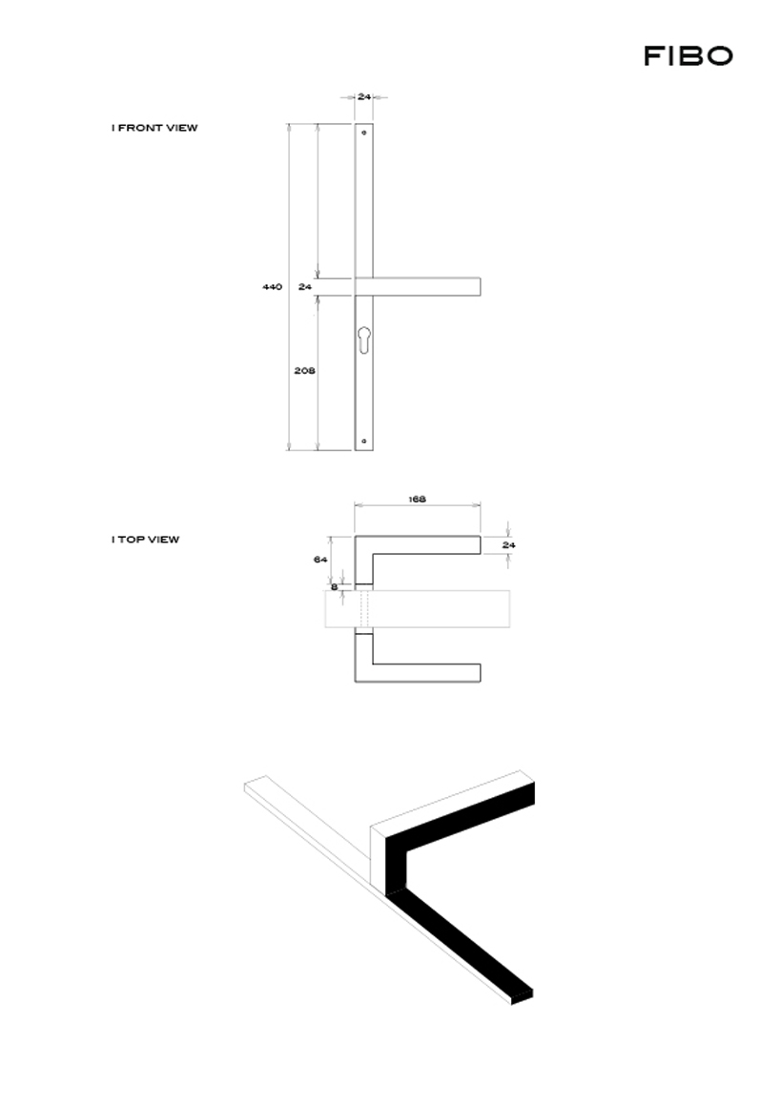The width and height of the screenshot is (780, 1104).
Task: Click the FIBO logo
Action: pyautogui.click(x=688, y=55)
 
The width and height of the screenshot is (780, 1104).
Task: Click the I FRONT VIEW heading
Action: pyautogui.click(x=154, y=128)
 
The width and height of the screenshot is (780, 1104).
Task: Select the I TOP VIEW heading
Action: pyautogui.click(x=145, y=540)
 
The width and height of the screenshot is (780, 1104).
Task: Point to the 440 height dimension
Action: pyautogui.click(x=272, y=287)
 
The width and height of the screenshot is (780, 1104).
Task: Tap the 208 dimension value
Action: pyautogui.click(x=304, y=370)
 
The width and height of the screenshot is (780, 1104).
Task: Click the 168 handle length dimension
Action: pyautogui.click(x=417, y=500)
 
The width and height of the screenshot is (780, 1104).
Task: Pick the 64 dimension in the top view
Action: pyautogui.click(x=320, y=560)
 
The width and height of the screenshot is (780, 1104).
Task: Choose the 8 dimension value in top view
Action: pyautogui.click(x=335, y=586)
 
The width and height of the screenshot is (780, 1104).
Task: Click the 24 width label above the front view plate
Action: pyautogui.click(x=364, y=96)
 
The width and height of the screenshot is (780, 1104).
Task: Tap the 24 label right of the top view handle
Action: pyautogui.click(x=508, y=545)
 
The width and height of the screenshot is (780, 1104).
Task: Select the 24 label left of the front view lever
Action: pyautogui.click(x=305, y=287)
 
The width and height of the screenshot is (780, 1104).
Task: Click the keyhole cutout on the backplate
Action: pyautogui.click(x=364, y=340)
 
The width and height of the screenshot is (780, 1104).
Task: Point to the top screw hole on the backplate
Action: pyautogui.click(x=364, y=133)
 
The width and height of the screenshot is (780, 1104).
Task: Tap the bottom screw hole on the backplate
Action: pyautogui.click(x=364, y=441)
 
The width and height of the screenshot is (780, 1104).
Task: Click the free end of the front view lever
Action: pyautogui.click(x=480, y=287)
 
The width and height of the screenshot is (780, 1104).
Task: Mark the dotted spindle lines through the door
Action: pyautogui.click(x=364, y=609)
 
